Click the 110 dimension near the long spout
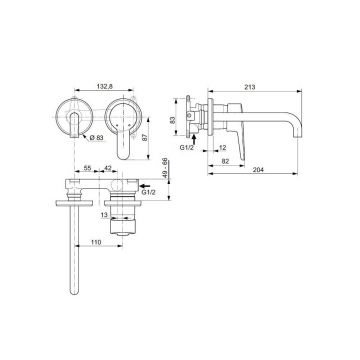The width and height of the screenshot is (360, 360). tap(96, 243)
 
